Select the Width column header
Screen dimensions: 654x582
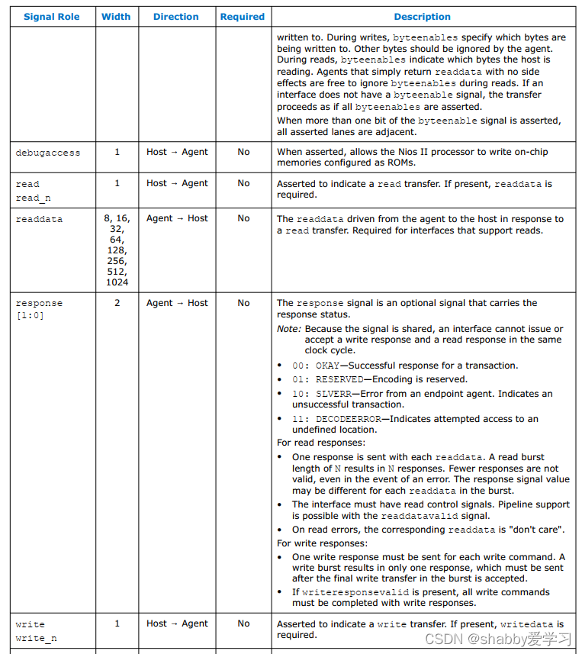(116, 17)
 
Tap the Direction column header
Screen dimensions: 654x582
(176, 17)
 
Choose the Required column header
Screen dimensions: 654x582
(243, 17)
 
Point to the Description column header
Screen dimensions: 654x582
(422, 17)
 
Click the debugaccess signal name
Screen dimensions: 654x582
(47, 153)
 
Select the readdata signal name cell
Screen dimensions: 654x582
(39, 219)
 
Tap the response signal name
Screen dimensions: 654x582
(39, 303)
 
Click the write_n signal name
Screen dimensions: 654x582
(36, 637)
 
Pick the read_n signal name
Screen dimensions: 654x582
(33, 198)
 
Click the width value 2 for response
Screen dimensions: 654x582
(117, 303)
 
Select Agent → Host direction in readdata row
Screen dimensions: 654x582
(177, 218)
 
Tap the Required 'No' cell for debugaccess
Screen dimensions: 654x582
(243, 152)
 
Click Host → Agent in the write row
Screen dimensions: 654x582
(177, 623)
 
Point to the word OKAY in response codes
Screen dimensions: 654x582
(328, 366)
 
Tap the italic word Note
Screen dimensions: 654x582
(288, 329)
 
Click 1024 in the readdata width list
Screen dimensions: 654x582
(117, 282)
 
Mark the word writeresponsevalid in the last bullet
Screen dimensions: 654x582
(349, 592)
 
